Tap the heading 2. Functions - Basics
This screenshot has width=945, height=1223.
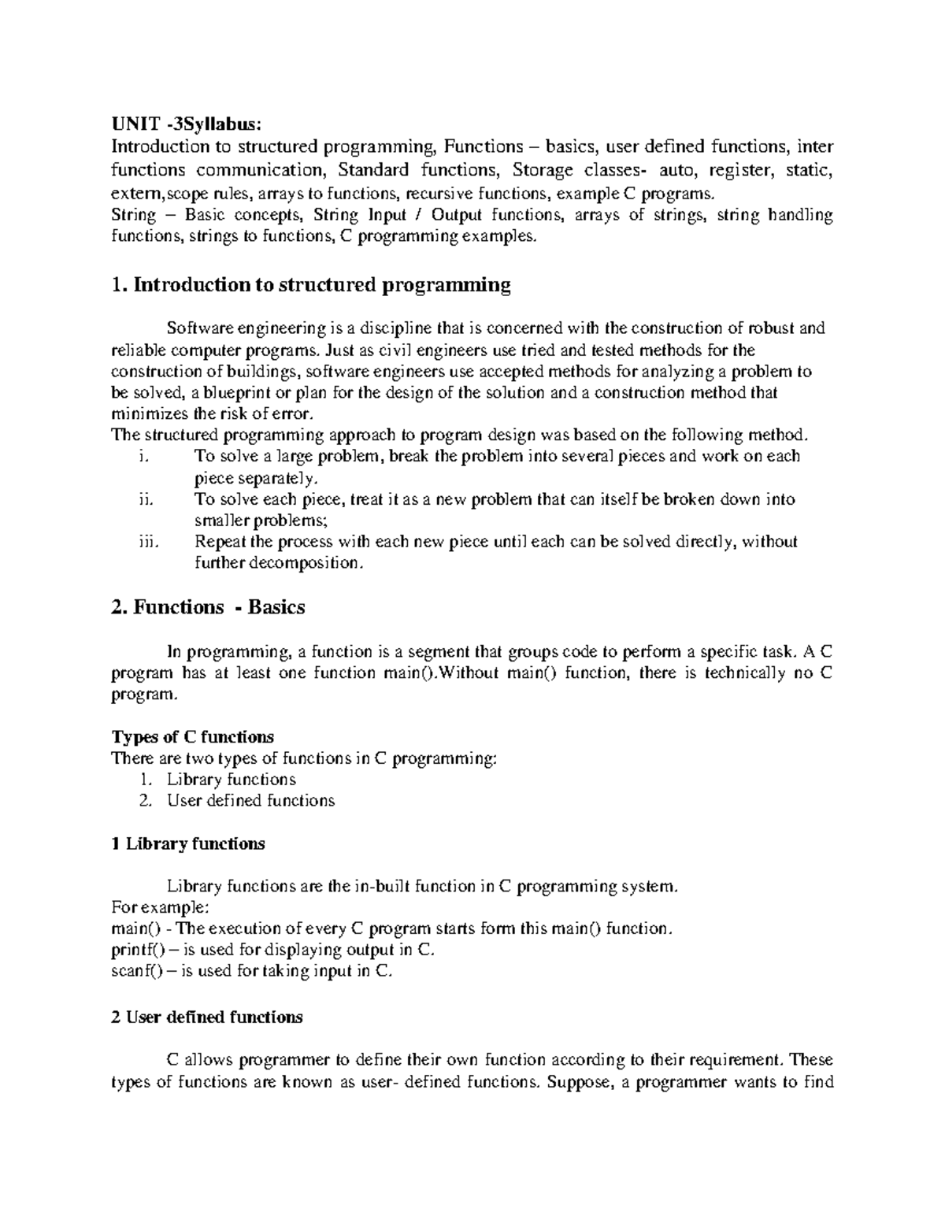[208, 607]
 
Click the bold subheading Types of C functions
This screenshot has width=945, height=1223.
[193, 737]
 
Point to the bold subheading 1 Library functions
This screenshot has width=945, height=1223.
[188, 843]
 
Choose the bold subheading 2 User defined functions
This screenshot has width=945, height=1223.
[207, 1017]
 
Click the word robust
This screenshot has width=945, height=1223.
[752, 328]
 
